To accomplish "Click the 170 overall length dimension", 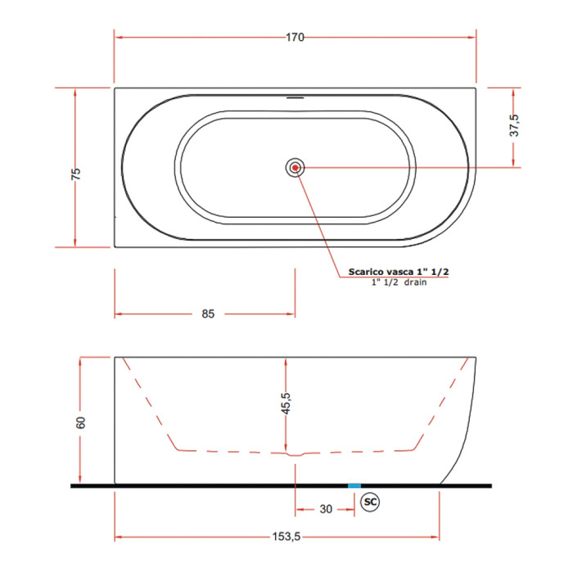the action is (x=295, y=38).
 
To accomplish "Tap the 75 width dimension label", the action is (x=75, y=174).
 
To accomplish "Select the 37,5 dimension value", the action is (x=514, y=125).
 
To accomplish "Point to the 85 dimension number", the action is (x=208, y=314).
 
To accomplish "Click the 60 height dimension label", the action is (x=80, y=422).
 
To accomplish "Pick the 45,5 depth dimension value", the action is (x=286, y=404).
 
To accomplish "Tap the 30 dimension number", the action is (x=326, y=509).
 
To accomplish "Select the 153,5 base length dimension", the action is (x=286, y=536).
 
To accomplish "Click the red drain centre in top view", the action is (x=295, y=168).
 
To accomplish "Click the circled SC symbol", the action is (x=370, y=502).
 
